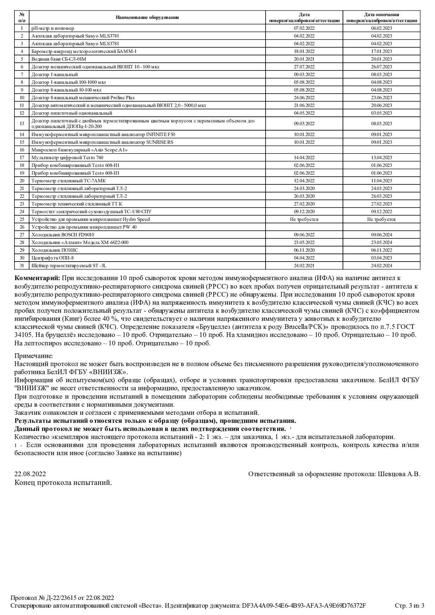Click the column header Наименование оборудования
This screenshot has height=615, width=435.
[x=147, y=18]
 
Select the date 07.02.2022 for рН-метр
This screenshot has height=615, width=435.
[x=304, y=28]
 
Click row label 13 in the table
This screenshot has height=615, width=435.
[x=22, y=123]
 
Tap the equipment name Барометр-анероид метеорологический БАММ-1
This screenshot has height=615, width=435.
[x=84, y=51]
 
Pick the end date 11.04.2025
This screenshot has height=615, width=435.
[x=381, y=181]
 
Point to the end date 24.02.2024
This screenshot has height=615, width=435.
[x=381, y=265]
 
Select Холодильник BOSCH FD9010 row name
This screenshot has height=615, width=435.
[x=63, y=235]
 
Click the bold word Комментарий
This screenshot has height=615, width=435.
[x=37, y=278]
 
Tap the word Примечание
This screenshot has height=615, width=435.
[x=34, y=356]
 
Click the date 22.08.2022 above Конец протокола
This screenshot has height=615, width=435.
[x=30, y=474]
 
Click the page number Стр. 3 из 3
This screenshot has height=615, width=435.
[x=409, y=606]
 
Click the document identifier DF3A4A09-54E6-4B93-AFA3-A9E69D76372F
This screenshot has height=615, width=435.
[x=304, y=606]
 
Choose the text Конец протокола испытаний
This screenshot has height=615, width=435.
[x=63, y=483]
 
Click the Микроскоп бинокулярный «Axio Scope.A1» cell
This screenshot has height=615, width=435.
[x=79, y=150]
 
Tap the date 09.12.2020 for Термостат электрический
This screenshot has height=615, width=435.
[x=304, y=211]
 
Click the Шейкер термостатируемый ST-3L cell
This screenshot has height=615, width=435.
[x=64, y=265]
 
